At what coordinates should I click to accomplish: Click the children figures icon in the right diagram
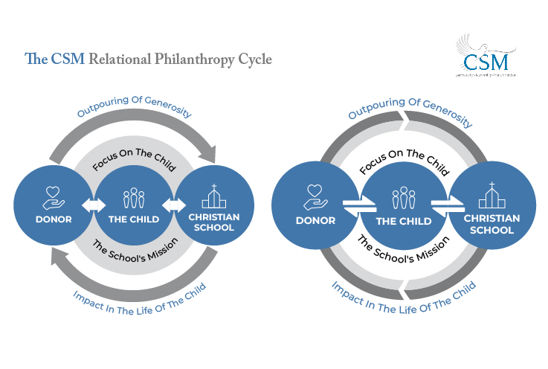(x=402, y=199)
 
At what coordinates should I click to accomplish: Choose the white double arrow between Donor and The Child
(x=93, y=205)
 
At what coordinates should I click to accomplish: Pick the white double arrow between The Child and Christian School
(x=173, y=205)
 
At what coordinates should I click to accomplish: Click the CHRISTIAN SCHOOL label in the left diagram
(x=213, y=222)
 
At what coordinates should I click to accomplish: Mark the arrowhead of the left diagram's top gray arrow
(x=214, y=153)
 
